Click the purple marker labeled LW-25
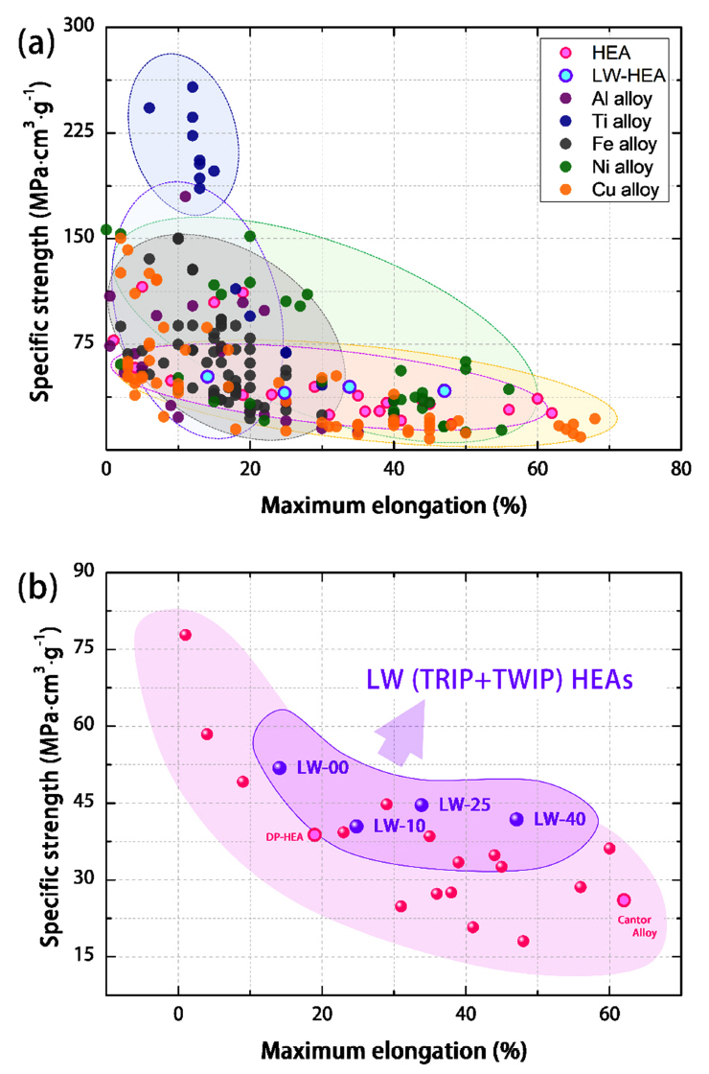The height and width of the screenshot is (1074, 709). coord(422,805)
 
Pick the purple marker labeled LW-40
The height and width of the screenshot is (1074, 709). coord(517,819)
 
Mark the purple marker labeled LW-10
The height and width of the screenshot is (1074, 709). coord(357,826)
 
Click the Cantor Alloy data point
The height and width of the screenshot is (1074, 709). coord(624,899)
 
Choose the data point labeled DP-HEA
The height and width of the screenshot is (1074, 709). coord(314,834)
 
